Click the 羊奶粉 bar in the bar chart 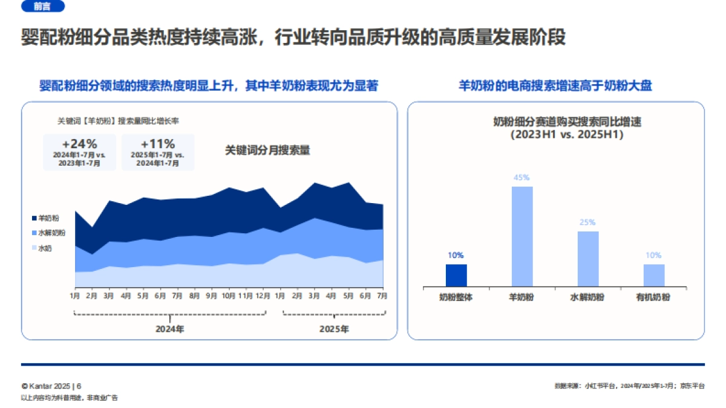[x=522, y=236]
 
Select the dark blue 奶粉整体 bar [x=456, y=275]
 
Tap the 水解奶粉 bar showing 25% [x=587, y=259]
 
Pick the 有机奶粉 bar [x=653, y=275]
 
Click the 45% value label [x=522, y=178]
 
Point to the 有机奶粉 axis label [x=653, y=297]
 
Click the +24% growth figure [x=79, y=144]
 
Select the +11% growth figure [x=158, y=144]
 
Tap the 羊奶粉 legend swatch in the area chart [x=34, y=218]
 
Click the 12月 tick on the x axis [x=263, y=296]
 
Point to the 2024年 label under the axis [x=170, y=329]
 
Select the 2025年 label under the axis [x=334, y=329]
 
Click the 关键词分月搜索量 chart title [x=267, y=151]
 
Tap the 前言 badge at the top [x=42, y=7]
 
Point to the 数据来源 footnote [x=629, y=386]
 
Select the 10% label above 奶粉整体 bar [x=456, y=255]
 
